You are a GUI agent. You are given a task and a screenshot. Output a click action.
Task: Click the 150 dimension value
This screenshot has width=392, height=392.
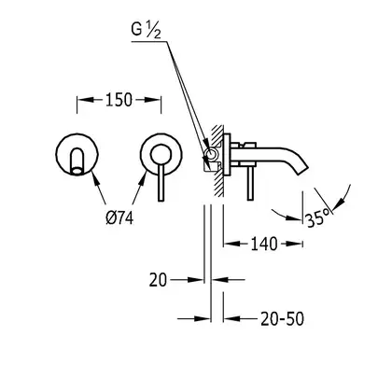[x=119, y=100]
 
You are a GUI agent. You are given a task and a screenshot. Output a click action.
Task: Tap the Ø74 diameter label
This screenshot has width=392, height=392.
[x=119, y=217]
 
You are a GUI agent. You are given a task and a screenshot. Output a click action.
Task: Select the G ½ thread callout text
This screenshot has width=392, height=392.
[x=146, y=31]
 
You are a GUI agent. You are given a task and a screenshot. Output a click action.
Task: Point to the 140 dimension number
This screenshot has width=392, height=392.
[x=264, y=244]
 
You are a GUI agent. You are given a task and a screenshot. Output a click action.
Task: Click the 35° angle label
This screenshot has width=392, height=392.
[x=317, y=218]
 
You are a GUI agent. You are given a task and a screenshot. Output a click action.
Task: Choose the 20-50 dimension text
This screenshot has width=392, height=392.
[x=282, y=319]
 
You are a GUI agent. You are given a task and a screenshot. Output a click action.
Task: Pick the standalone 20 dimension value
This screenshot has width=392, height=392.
[x=158, y=280]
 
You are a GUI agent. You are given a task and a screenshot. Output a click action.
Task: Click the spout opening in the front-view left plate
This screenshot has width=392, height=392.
[x=77, y=170]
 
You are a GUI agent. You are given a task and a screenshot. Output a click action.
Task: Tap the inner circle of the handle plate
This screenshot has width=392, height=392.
[x=161, y=154]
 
